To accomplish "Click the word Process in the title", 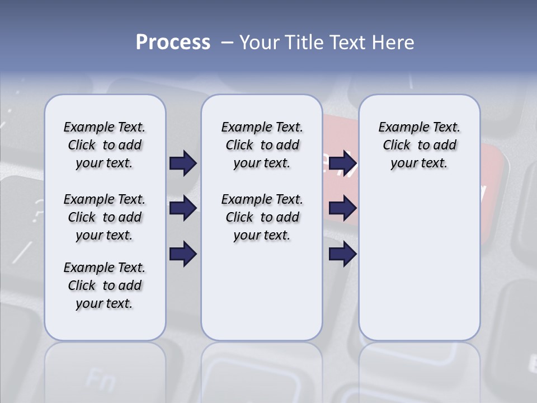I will (x=173, y=43).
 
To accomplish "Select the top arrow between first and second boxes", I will (x=183, y=163).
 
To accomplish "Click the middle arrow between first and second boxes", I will (x=183, y=208).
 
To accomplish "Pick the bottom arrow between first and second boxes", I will (x=183, y=254).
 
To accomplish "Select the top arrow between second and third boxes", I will (x=342, y=163).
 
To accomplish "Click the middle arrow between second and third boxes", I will (x=342, y=208).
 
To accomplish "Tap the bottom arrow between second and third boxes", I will (x=342, y=254).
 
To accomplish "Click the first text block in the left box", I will (x=105, y=145).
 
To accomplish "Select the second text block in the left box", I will (x=105, y=217).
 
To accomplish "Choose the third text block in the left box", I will (x=105, y=285).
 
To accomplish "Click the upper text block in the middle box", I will (x=262, y=145).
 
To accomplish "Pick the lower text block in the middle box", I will (x=262, y=217).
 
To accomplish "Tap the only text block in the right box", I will (x=419, y=145).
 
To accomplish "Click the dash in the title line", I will (x=227, y=43).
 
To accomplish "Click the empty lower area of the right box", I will (x=419, y=263).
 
